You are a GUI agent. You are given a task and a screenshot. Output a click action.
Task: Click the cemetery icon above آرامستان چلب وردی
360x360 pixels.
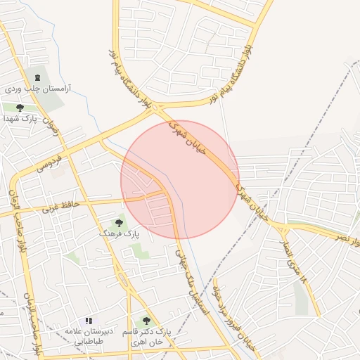click(37, 77)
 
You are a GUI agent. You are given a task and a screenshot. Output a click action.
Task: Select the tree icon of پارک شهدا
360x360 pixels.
click(20, 108)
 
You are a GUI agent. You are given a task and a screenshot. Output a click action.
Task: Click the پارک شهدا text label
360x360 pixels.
click(20, 118)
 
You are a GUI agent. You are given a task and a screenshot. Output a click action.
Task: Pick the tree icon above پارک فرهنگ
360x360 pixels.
click(118, 223)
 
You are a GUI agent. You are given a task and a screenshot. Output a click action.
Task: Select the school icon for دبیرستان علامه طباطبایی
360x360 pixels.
click(89, 321)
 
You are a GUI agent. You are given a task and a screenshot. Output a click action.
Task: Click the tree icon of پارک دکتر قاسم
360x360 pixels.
click(146, 321)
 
